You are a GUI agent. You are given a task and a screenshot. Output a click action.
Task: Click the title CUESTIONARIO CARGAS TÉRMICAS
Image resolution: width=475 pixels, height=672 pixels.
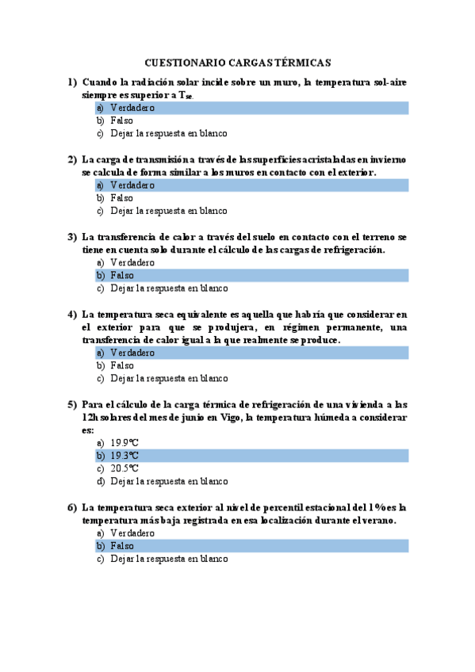[238, 63]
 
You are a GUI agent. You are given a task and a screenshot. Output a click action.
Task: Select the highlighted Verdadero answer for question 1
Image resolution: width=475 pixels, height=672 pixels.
[132, 108]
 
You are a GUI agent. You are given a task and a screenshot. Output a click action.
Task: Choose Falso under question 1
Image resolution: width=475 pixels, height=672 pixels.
[121, 121]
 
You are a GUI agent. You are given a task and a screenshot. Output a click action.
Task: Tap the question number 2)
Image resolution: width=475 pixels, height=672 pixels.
[72, 159]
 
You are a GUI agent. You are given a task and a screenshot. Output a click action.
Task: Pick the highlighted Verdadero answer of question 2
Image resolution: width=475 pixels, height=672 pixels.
[132, 185]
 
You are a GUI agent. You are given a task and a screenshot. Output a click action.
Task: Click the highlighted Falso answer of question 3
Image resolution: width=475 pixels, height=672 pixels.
[121, 276]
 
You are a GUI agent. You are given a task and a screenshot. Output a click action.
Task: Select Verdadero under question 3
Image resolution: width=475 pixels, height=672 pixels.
[132, 262]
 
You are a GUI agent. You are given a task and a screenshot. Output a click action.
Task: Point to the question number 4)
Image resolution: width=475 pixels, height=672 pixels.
[72, 314]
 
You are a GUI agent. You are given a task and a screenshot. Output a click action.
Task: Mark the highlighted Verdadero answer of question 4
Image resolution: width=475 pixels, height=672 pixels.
[132, 353]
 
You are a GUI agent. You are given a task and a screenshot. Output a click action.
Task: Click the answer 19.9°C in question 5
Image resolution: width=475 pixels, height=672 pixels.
[124, 443]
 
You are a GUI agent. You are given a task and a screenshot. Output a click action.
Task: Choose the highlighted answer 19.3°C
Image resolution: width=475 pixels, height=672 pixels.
[124, 456]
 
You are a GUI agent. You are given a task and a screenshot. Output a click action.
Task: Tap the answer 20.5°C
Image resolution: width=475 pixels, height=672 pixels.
[124, 468]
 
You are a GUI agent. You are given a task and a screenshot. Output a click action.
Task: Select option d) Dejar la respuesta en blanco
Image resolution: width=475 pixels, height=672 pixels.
[169, 481]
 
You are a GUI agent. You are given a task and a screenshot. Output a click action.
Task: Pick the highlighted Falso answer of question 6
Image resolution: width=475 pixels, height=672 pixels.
[121, 546]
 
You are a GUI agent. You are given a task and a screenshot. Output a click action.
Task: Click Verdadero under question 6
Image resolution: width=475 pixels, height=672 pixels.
[132, 533]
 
